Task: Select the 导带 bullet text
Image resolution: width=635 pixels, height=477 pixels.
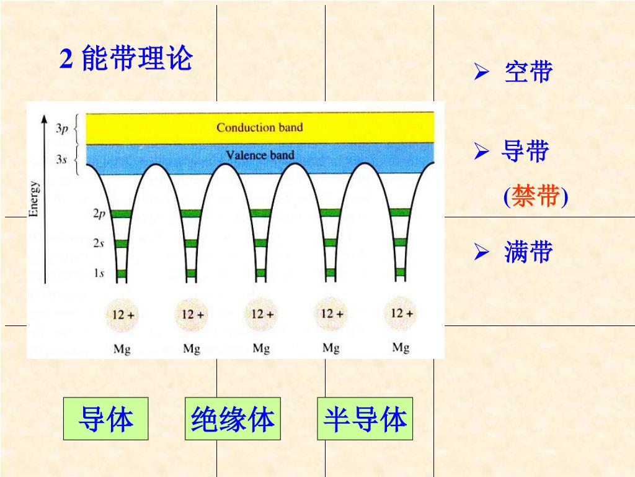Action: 525,151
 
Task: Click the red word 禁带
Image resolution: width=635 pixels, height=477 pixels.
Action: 536,197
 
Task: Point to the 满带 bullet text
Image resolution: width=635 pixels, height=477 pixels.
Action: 528,253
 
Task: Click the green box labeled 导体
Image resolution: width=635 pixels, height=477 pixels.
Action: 105,419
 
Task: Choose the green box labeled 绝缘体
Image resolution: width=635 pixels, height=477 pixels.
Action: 233,419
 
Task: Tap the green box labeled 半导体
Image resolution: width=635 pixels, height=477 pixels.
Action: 365,419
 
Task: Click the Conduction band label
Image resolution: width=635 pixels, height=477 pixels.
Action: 259,128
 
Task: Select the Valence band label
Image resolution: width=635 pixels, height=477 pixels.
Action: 260,155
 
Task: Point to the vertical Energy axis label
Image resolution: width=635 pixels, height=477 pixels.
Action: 35,199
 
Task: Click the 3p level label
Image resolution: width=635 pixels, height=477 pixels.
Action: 61,129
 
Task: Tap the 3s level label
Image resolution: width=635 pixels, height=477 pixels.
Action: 61,159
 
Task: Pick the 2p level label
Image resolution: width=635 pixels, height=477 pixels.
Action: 99,214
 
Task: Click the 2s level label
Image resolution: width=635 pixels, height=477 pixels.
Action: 99,243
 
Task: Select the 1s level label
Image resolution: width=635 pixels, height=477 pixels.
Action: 99,273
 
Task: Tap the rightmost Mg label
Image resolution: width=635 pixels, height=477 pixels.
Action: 401,348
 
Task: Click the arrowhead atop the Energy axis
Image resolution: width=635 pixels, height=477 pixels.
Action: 44,118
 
